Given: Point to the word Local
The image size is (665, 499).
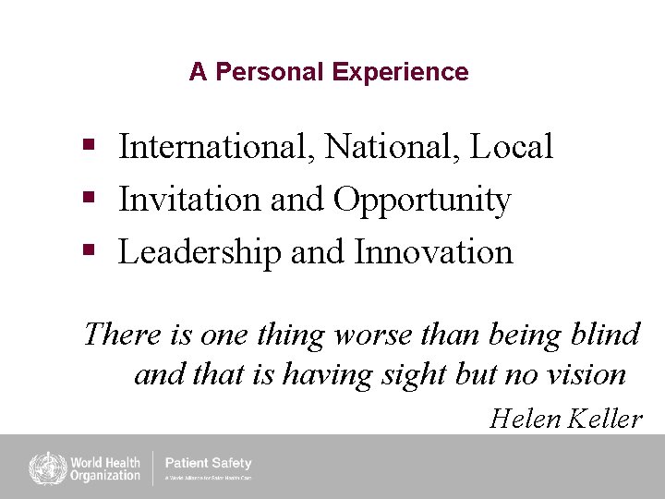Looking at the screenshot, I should click(x=511, y=146).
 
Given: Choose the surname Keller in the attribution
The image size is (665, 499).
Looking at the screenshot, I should click(x=605, y=419).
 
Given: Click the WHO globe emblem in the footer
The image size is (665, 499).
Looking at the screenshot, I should click(x=43, y=467).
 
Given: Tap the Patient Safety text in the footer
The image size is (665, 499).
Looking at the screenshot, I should click(x=208, y=463).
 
